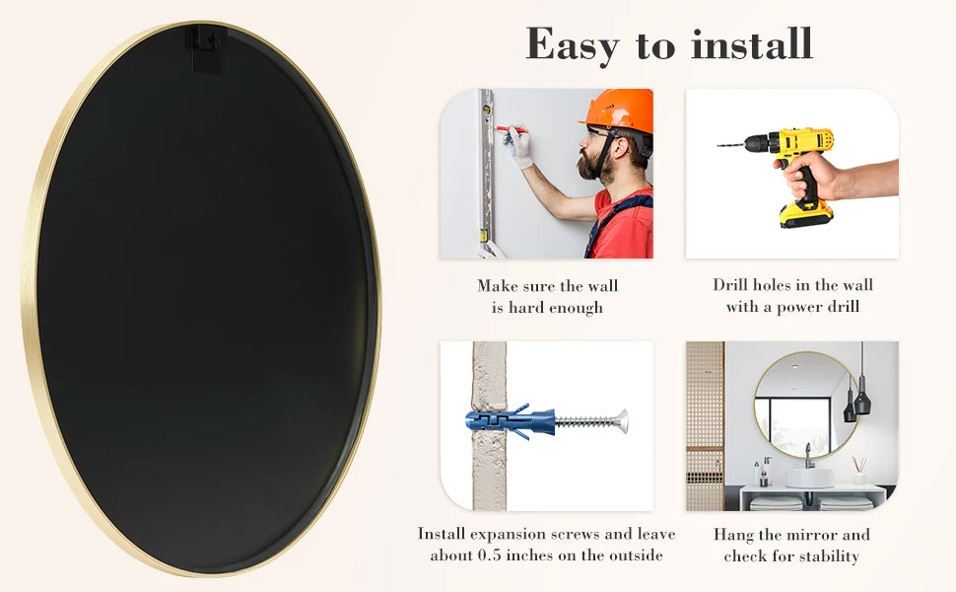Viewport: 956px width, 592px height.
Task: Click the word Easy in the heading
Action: tap(573, 44)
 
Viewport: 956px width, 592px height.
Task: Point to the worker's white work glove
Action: tap(518, 147)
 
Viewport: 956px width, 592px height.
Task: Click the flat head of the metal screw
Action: tap(621, 421)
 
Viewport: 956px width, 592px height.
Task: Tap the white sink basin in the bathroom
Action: tap(808, 478)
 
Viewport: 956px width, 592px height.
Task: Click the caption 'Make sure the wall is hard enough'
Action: tap(547, 296)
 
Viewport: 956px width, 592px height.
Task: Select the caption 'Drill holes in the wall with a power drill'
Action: tap(792, 295)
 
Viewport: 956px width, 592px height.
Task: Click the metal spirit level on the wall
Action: tap(487, 168)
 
